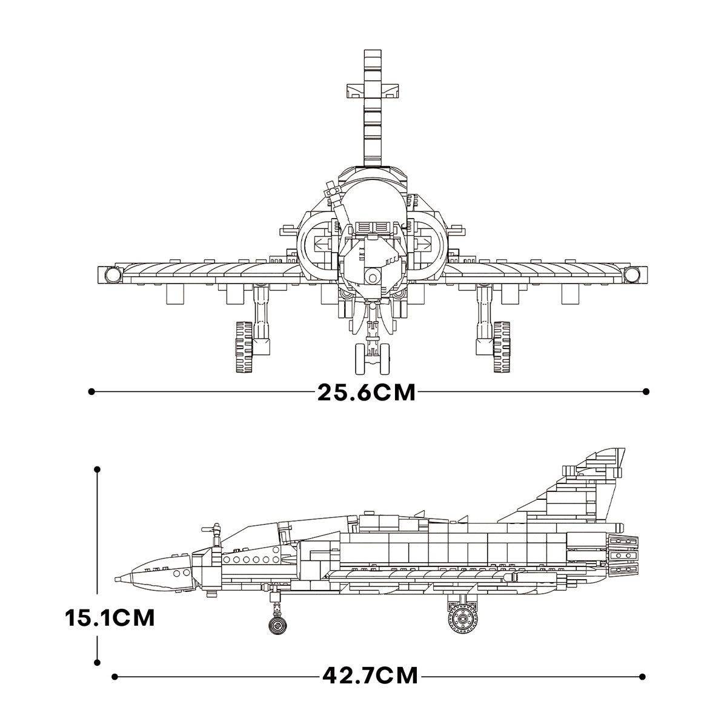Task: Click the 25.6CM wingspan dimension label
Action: tap(367, 392)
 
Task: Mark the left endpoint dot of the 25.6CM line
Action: tap(91, 392)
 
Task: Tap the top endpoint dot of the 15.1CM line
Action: tap(98, 469)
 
